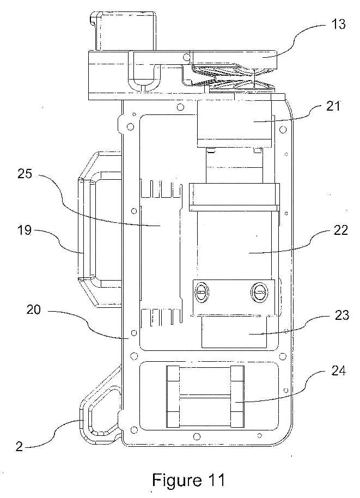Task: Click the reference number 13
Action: point(338,24)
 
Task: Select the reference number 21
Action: point(333,106)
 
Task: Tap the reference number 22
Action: point(340,230)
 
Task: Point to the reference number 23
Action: point(341,315)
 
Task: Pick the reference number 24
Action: point(338,371)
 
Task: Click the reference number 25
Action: point(25,173)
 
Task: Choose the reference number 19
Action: point(25,230)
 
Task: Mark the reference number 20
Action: point(34,309)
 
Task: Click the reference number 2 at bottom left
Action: point(20,447)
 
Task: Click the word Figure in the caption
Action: point(176,480)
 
